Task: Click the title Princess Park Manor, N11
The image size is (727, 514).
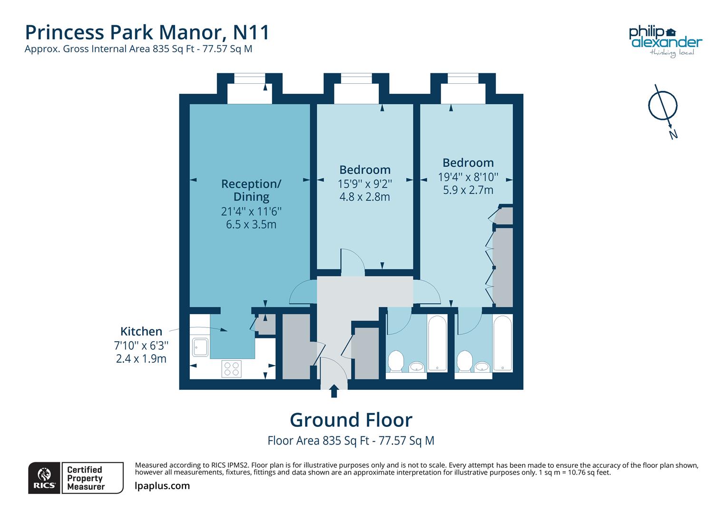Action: [x=147, y=32]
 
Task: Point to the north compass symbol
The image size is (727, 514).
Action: [x=663, y=107]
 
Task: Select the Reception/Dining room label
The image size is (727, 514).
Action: [x=251, y=190]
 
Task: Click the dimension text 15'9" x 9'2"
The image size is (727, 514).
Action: [x=364, y=184]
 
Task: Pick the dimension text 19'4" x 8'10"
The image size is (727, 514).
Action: [x=468, y=177]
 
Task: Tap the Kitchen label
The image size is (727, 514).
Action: [x=141, y=331]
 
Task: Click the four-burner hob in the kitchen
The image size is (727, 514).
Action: [x=232, y=369]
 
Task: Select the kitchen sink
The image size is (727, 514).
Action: [x=200, y=347]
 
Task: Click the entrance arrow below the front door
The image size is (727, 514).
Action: [x=334, y=391]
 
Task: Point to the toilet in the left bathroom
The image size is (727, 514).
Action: [x=395, y=361]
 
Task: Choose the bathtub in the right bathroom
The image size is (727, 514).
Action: [x=502, y=343]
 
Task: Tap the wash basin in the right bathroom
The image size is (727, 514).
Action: [x=482, y=366]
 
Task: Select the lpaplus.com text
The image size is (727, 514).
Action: [x=162, y=486]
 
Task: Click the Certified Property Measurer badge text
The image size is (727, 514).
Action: [x=86, y=478]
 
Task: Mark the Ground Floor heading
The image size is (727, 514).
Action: [x=351, y=420]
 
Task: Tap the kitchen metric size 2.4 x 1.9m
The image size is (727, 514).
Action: [x=141, y=359]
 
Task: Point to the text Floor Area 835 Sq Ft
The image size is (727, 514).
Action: [x=318, y=441]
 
